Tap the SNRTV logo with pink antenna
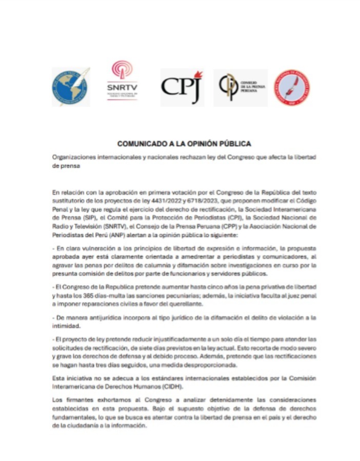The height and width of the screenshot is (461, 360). pyautogui.click(x=122, y=81)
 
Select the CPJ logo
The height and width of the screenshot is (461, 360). pyautogui.click(x=182, y=86)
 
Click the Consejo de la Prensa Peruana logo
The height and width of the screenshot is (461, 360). pyautogui.click(x=240, y=87)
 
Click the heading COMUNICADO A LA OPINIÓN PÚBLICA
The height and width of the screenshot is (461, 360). pyautogui.click(x=184, y=144)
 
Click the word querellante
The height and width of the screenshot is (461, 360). pyautogui.click(x=168, y=305)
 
